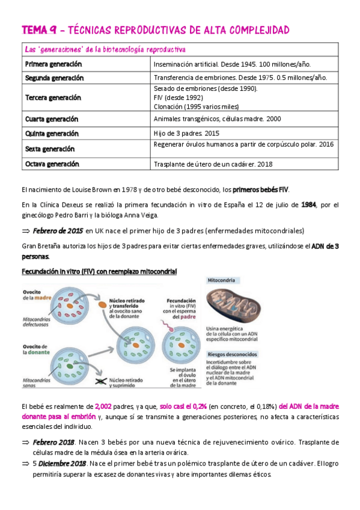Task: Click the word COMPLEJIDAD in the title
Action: [x=255, y=30]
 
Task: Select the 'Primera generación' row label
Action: [x=53, y=64]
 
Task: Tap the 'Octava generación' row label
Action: [x=52, y=164]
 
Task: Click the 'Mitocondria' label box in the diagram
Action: [x=221, y=280]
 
